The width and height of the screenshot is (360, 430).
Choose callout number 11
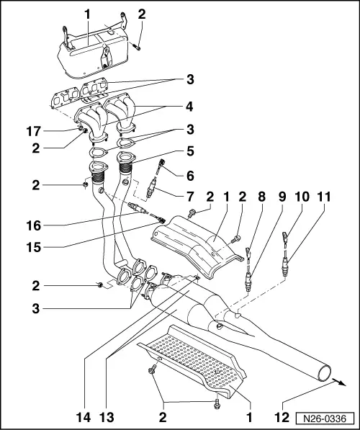coord(325,197)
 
